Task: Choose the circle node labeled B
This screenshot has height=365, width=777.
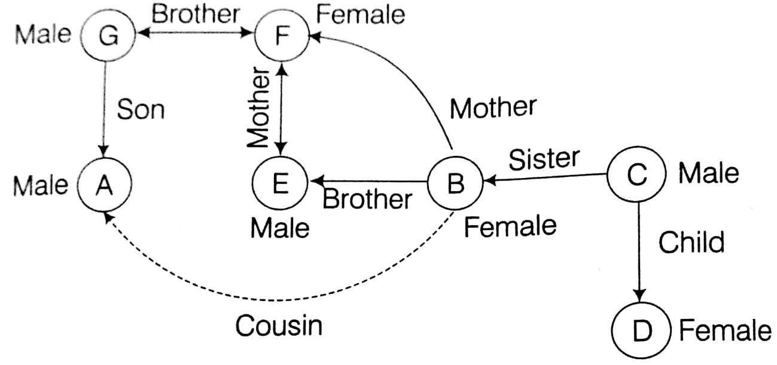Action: click(x=455, y=183)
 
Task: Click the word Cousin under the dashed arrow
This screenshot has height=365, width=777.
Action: click(x=279, y=326)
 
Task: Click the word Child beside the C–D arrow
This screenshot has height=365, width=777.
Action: click(x=691, y=242)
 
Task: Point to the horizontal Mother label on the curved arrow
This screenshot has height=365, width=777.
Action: click(x=493, y=108)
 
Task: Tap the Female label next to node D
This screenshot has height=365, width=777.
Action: click(x=726, y=330)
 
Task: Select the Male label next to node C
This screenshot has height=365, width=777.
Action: click(x=709, y=173)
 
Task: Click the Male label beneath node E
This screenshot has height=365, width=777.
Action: click(x=279, y=228)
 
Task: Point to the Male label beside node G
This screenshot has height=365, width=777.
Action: click(x=42, y=34)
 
